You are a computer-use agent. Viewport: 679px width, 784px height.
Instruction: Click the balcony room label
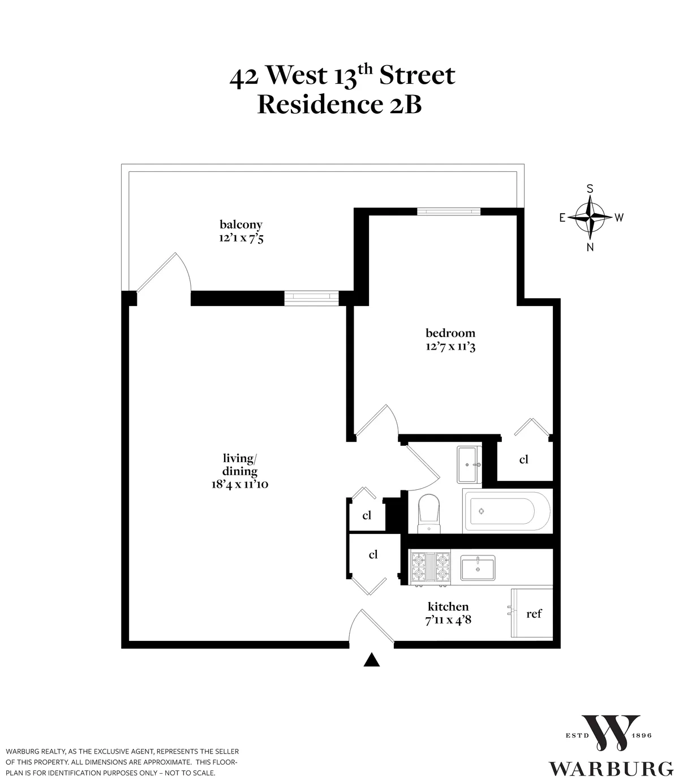241,225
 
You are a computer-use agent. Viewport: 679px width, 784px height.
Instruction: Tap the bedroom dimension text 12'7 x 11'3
450,346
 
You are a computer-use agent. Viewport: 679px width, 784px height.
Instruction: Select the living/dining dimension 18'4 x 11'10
240,484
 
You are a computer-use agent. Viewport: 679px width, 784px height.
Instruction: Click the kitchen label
448,606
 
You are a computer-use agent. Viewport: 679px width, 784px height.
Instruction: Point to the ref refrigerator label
534,613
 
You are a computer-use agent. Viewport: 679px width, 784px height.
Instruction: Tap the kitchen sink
478,567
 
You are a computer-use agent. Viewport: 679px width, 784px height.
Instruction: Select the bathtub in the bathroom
506,511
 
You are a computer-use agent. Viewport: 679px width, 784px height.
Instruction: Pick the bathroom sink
469,464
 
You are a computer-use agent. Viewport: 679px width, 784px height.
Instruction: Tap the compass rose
590,217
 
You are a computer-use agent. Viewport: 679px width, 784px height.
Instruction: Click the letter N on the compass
590,247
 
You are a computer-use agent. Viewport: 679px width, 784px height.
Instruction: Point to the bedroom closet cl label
524,459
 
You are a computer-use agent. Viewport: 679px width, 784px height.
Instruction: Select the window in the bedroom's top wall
449,212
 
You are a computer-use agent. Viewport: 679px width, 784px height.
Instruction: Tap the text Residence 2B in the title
339,105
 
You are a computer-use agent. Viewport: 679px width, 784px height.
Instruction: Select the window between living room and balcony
311,298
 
